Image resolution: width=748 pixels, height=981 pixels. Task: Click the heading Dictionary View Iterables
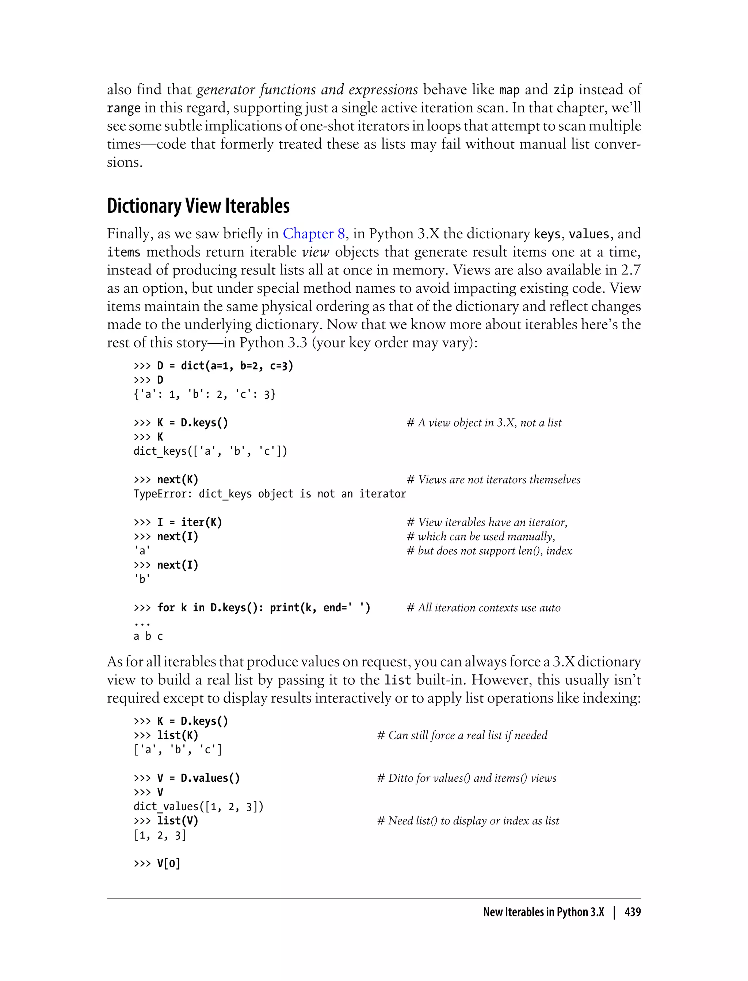[x=198, y=206]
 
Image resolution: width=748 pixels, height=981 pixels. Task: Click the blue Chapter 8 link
[x=313, y=234]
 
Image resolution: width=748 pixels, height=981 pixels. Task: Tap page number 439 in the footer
[x=632, y=912]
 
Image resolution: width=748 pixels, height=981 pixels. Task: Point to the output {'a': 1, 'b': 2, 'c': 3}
[x=205, y=394]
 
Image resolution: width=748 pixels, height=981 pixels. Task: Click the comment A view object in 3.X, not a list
[x=484, y=423]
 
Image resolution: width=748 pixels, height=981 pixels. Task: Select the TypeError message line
[x=270, y=494]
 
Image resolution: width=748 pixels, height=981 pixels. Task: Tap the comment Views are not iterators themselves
[x=493, y=480]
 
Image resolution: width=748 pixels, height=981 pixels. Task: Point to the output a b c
[x=148, y=636]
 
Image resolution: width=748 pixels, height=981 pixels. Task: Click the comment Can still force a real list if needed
[x=462, y=735]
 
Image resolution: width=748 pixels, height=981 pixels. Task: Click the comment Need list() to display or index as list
[x=468, y=821]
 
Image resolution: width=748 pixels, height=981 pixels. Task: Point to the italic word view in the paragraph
[x=315, y=252]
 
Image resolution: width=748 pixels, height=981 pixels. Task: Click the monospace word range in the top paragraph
[x=124, y=108]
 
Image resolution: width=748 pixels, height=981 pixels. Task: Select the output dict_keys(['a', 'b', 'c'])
[x=210, y=451]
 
